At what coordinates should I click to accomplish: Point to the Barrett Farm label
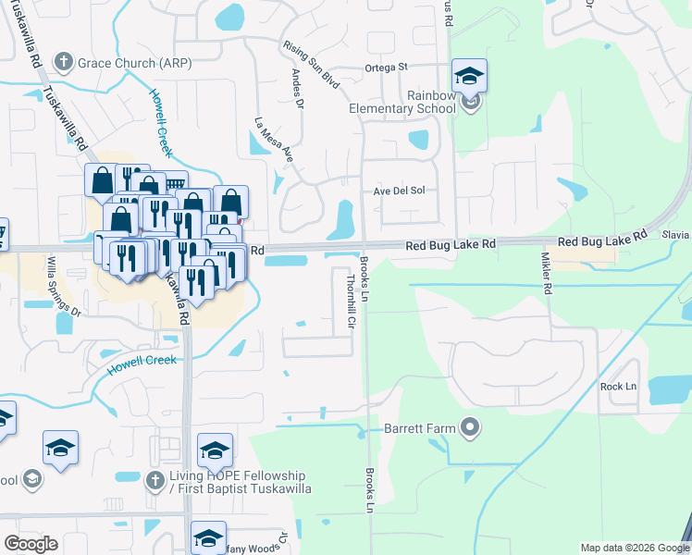(x=428, y=427)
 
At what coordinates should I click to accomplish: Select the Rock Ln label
(x=618, y=386)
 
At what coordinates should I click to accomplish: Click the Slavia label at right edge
(x=676, y=236)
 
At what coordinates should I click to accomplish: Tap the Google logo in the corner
(x=31, y=543)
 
